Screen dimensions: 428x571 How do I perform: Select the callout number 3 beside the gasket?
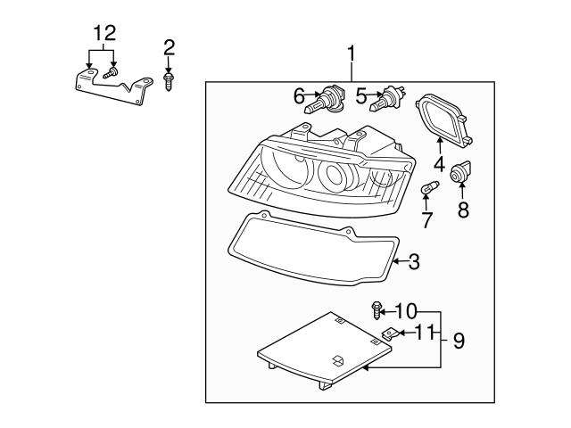pos(413,261)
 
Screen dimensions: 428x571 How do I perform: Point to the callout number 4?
pos(439,164)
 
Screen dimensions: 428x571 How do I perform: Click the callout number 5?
pos(361,94)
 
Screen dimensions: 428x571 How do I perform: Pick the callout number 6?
pos(299,94)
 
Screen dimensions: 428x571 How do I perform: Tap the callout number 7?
pos(426,219)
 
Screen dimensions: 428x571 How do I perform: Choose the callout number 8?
pos(462,210)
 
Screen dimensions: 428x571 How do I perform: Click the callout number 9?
pos(459,340)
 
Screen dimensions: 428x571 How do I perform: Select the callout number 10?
pos(406,311)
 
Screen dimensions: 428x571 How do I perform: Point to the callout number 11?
pos(425,333)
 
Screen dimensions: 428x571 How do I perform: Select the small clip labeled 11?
pos(389,334)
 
